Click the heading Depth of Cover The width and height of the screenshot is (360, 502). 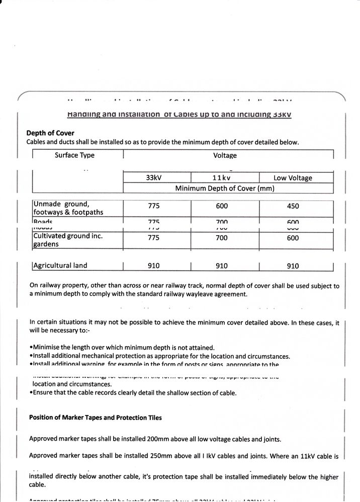(x=50, y=133)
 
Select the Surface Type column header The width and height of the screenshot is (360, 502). (x=74, y=155)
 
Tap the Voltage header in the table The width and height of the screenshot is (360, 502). (x=225, y=156)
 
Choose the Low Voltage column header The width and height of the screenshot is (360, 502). (x=293, y=178)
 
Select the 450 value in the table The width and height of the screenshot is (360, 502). (x=293, y=206)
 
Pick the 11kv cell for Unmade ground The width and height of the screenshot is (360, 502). (x=221, y=206)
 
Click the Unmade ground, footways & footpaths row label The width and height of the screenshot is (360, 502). (x=68, y=208)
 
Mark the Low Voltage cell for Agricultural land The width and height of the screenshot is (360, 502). (x=293, y=266)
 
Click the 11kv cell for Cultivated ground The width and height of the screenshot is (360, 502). (x=221, y=238)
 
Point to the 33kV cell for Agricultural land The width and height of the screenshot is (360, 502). (x=154, y=266)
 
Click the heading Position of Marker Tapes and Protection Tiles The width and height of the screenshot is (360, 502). (x=96, y=418)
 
